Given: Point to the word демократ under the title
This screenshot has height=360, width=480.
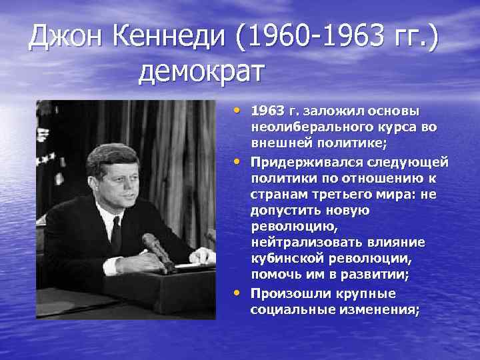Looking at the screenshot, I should click(202, 71).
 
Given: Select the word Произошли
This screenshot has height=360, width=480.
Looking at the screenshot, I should click(285, 293).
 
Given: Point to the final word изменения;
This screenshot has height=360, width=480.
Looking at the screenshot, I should click(377, 310).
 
